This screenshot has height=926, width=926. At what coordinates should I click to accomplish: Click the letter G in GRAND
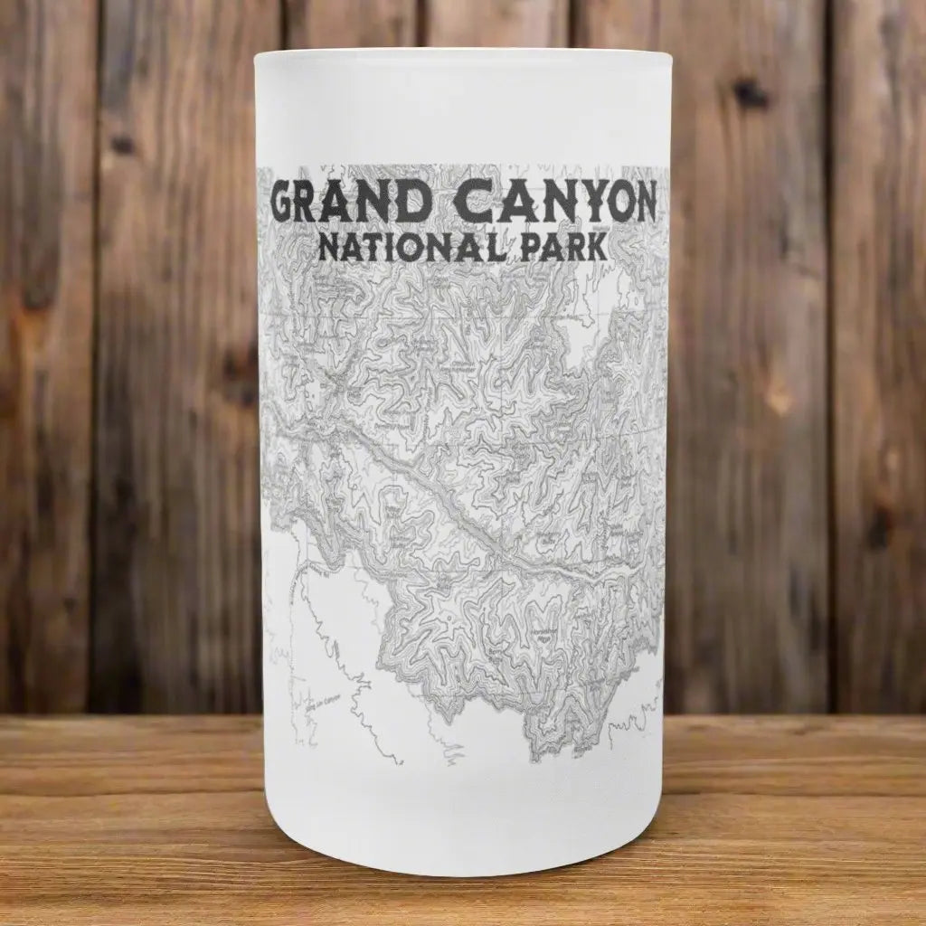coord(288,205)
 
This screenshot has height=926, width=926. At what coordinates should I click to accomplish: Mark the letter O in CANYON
coord(608,205)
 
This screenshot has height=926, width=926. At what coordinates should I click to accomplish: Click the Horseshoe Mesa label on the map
coord(542,633)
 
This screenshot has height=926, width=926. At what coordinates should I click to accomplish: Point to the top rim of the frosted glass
coord(463,56)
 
